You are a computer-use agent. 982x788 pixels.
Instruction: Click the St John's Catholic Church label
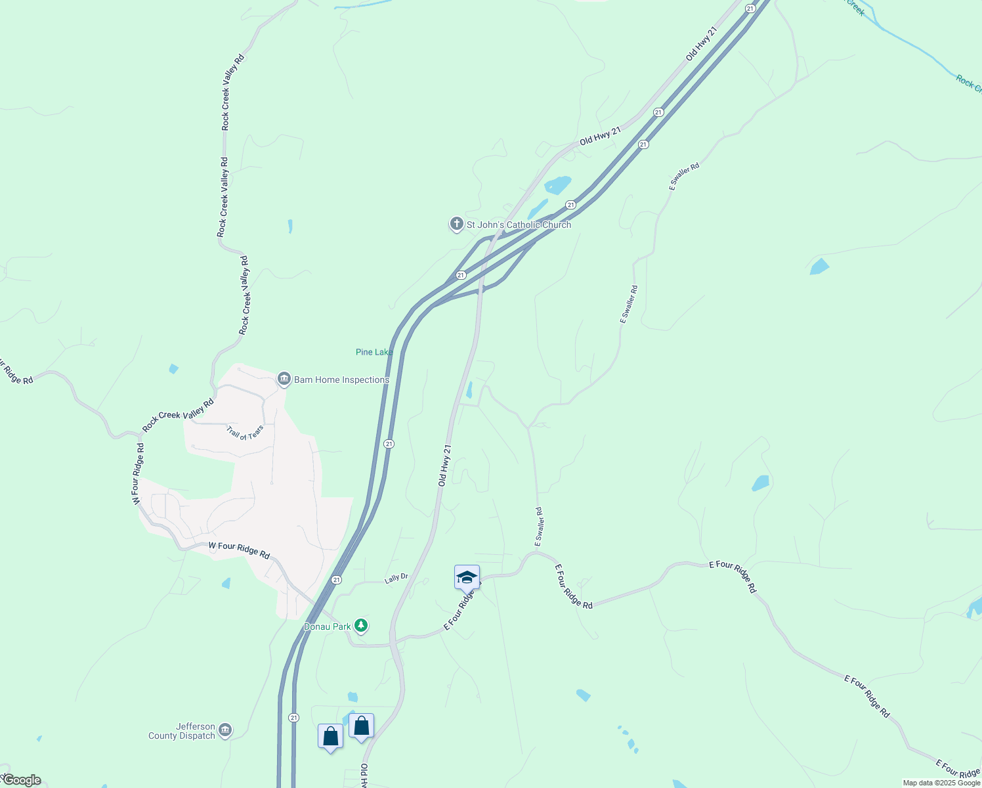(519, 225)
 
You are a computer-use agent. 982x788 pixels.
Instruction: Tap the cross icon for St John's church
(456, 224)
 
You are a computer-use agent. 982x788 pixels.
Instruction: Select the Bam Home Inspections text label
(341, 380)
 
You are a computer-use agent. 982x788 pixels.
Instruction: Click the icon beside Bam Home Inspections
(284, 379)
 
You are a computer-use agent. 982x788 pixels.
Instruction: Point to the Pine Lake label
(374, 352)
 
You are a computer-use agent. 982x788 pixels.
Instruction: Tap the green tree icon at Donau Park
(360, 625)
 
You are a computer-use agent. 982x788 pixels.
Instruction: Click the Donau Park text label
(328, 626)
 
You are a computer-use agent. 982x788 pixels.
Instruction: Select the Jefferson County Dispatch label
(182, 731)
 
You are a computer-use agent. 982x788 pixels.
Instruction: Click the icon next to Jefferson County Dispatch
(225, 730)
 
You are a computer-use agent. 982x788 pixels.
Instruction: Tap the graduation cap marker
(467, 577)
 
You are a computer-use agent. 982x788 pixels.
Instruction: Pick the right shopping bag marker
(361, 726)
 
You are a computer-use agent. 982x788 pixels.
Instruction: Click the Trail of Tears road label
(245, 432)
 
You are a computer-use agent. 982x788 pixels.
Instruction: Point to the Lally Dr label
(396, 578)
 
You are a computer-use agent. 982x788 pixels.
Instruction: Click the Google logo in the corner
(22, 780)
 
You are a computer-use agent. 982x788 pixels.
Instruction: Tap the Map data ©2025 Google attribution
(941, 783)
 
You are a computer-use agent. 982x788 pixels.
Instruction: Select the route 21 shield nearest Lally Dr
(336, 579)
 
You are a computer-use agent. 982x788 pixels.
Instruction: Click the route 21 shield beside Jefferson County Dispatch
(293, 718)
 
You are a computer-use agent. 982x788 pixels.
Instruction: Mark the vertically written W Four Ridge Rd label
(138, 473)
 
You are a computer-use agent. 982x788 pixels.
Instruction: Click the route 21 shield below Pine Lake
(389, 444)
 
